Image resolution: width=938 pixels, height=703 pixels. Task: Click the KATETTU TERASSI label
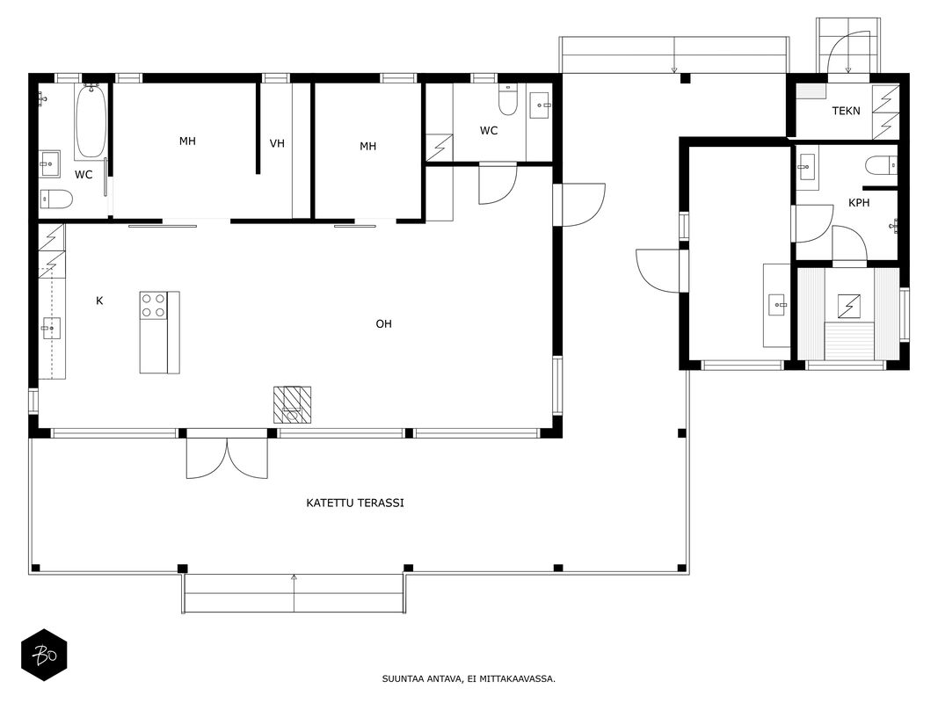pos(355,504)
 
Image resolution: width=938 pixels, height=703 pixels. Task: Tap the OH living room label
pos(383,324)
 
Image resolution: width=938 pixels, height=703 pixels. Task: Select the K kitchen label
pos(99,301)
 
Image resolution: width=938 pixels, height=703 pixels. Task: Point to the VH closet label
pos(277,143)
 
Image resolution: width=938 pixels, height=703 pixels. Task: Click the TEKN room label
pos(846,111)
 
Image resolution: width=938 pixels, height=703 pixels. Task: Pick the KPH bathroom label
pos(859,203)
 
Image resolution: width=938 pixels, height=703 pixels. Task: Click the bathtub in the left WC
pos(91,121)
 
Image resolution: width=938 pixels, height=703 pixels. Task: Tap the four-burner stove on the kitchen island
pos(153,306)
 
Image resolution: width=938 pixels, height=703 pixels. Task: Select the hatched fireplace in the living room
pos(293,405)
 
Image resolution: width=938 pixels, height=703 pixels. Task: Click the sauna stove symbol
pos(849,306)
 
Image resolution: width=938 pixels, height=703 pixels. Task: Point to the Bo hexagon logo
pos(44,655)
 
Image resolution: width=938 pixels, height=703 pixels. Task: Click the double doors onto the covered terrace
pos(227,459)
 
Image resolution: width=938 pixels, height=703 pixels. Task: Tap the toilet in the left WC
pos(56,199)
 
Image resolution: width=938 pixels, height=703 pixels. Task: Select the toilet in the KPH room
pos(881,165)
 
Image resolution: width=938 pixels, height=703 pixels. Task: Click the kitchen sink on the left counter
pos(51,328)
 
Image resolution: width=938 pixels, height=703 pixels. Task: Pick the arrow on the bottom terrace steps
pos(294,594)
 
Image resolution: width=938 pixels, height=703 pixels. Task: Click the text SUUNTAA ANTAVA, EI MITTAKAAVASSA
pos(469,678)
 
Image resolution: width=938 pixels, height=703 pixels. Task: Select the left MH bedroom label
pos(187,141)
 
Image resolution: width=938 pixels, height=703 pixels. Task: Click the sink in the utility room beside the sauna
pos(777,305)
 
